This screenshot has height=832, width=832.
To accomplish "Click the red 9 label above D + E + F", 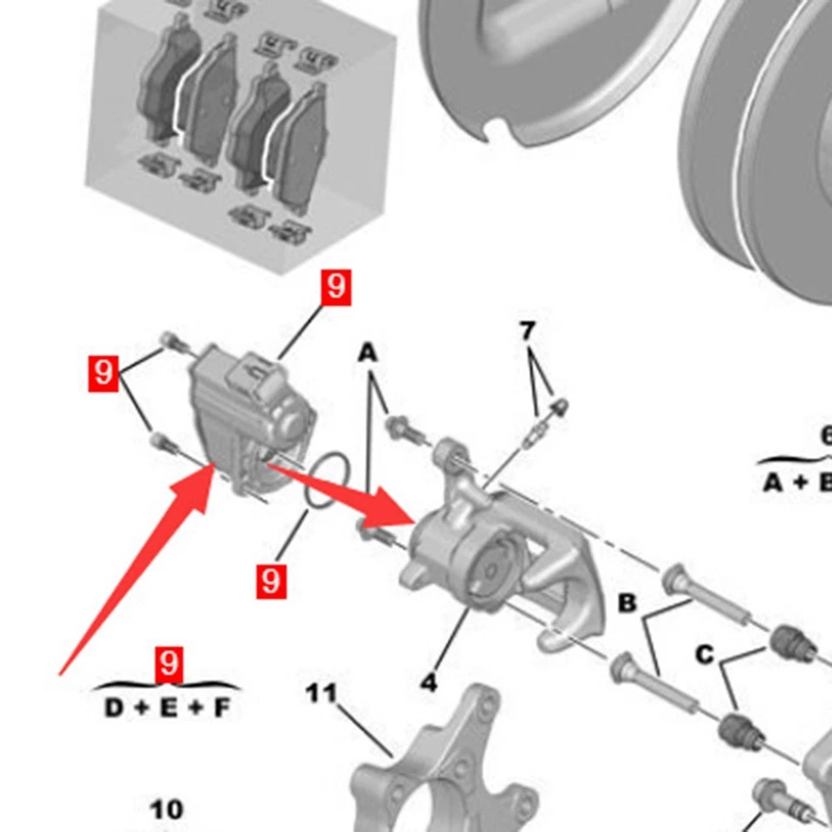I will point(169,664).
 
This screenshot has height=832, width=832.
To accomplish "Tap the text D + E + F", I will point(168,708).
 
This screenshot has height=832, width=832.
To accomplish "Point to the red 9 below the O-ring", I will point(271,580).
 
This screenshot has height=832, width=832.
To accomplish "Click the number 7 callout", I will point(528,331).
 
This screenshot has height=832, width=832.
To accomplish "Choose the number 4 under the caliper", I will point(429,682).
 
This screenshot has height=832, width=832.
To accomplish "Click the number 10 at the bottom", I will point(166,809).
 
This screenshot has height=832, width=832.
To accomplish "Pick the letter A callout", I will point(368,354).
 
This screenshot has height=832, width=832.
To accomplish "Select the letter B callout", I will point(627,604).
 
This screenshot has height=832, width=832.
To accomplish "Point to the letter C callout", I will point(705,654).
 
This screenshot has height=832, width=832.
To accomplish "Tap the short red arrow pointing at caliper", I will point(347,498).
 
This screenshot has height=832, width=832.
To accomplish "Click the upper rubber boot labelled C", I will point(787,642).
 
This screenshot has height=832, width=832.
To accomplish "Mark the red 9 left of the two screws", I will point(103,374).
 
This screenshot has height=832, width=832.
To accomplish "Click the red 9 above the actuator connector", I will point(335,288).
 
